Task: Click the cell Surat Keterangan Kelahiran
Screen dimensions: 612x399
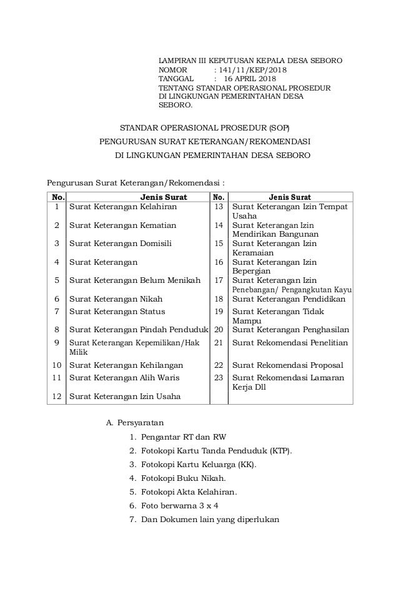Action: [123, 205]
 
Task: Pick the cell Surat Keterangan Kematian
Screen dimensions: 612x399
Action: [122, 225]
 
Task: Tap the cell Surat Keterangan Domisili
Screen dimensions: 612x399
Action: [121, 244]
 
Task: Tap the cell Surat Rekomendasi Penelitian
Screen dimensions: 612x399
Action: [290, 342]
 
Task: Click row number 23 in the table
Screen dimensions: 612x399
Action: [219, 377]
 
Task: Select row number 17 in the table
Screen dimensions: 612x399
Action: [219, 280]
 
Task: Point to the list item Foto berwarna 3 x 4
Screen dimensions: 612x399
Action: [180, 506]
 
